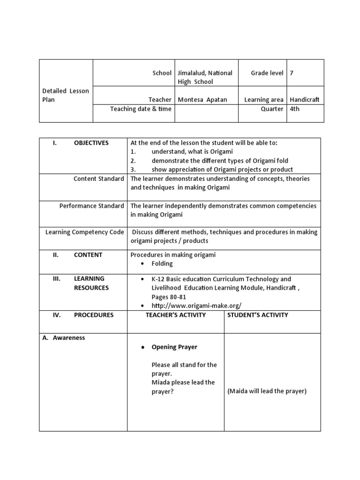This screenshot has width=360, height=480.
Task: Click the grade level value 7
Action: pos(292,73)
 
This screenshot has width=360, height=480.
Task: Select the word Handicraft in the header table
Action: pos(304,100)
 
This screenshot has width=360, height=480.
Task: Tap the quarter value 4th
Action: pos(295,109)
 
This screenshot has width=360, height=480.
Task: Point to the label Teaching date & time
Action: pos(141,109)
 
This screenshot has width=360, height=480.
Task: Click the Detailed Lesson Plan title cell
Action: pos(65,96)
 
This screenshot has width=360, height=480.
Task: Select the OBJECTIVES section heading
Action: pos(91,143)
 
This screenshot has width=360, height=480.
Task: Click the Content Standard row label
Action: pos(98,179)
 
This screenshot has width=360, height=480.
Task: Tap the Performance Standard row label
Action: pos(91,206)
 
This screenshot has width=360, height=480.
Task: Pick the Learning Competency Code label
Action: pos(84,232)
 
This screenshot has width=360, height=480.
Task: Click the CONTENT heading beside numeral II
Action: pos(88,255)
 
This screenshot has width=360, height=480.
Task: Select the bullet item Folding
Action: pos(162,264)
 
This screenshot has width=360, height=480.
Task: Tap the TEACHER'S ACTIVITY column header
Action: pos(175,315)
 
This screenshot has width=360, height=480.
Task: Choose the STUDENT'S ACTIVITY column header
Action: pos(257,315)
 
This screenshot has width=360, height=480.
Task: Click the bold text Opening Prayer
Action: pos(174,347)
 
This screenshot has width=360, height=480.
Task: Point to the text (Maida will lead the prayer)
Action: pos(267,391)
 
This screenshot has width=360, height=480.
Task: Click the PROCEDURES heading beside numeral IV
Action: pos(93,315)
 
